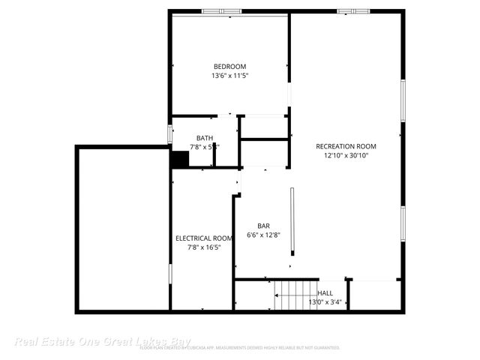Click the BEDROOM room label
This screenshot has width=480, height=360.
229,67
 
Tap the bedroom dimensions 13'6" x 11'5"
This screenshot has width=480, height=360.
229,76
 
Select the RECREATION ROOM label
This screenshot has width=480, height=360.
346,146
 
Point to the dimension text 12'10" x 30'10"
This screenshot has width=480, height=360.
346,155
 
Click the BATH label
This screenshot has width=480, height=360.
204,138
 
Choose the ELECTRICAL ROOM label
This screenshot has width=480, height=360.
204,238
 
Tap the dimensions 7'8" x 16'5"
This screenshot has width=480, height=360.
204,247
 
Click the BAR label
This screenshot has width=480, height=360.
263,226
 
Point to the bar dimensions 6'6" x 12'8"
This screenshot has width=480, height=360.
263,235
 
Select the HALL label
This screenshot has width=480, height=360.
325,293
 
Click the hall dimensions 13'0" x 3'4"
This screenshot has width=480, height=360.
325,302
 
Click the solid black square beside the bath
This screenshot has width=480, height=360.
179,160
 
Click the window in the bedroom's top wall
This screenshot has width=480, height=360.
222,11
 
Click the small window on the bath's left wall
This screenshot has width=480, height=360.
169,134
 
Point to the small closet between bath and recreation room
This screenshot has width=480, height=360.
264,127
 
